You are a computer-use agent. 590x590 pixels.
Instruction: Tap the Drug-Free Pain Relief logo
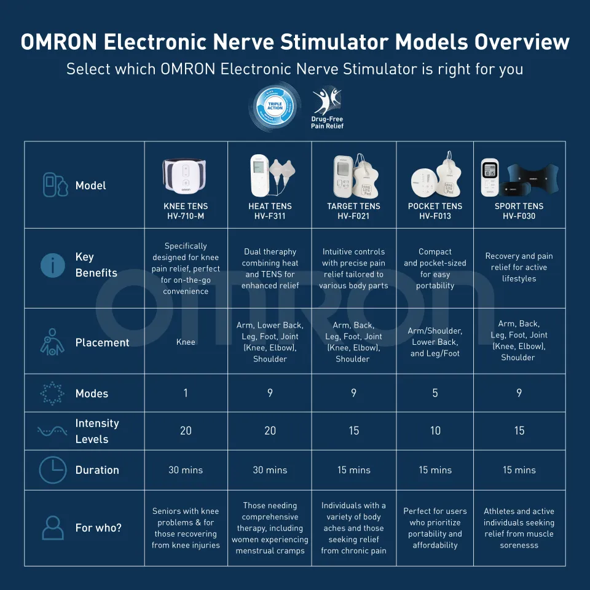click(326, 108)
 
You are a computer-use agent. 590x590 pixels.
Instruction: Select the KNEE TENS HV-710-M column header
click(186, 211)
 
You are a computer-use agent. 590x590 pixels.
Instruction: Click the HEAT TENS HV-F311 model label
click(270, 211)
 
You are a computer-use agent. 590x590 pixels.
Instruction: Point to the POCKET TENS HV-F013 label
click(435, 211)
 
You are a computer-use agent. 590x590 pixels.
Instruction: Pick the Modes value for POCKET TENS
click(435, 393)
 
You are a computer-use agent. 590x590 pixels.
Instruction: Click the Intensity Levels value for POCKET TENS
click(435, 431)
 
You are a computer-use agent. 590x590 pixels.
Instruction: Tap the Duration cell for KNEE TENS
click(186, 470)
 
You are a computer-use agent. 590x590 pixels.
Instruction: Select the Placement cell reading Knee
click(186, 342)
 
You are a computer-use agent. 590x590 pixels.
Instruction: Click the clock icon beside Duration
click(52, 470)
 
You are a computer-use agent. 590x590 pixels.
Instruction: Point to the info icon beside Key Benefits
click(52, 265)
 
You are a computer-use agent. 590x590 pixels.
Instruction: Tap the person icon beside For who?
click(52, 528)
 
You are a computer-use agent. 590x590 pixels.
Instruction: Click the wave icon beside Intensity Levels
click(52, 431)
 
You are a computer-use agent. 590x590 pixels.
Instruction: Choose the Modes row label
click(92, 393)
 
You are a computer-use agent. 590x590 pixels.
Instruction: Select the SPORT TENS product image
click(519, 177)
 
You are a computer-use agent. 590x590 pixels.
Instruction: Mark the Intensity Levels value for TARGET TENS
click(354, 431)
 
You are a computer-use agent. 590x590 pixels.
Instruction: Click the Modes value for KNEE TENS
click(186, 393)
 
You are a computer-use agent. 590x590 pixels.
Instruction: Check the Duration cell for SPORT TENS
click(519, 470)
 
